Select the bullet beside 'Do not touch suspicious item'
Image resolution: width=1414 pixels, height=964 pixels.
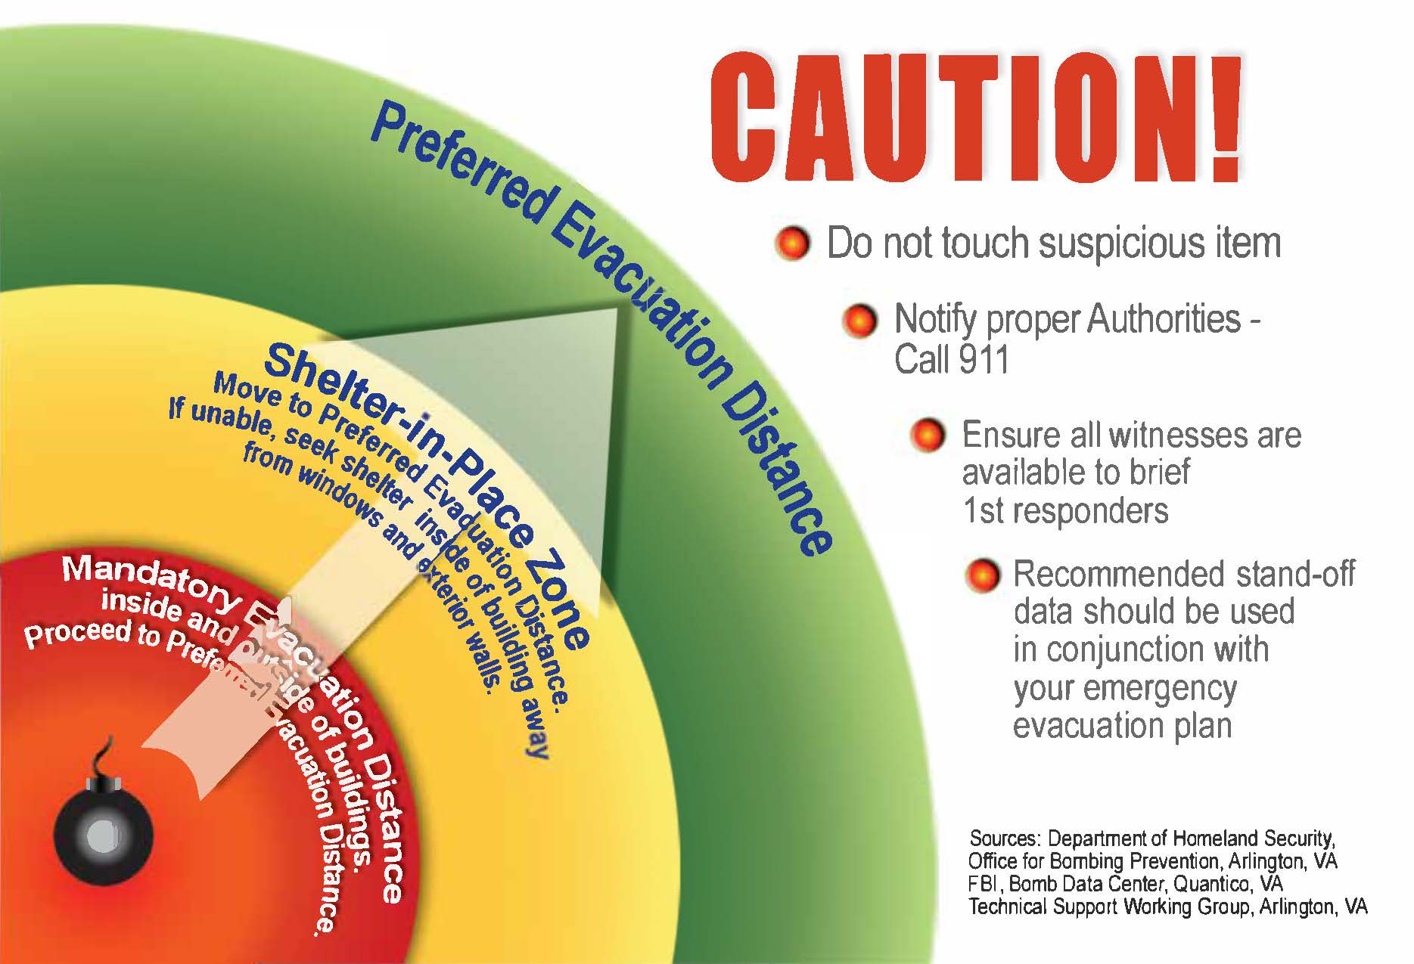[793, 244]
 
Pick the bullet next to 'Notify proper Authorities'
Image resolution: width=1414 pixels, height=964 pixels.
[859, 321]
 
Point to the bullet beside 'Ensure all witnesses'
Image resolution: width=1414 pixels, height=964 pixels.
[928, 436]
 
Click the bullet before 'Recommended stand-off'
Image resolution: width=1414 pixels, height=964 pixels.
[983, 575]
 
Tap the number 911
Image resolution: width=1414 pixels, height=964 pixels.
[980, 358]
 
